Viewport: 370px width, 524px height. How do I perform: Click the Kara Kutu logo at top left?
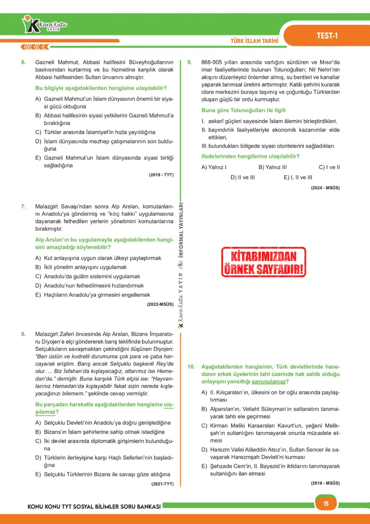tap(44, 25)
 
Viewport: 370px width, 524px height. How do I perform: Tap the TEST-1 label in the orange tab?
tap(327, 36)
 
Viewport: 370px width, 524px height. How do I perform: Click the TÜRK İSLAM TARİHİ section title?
tap(254, 41)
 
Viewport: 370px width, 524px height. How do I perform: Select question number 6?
tap(24, 62)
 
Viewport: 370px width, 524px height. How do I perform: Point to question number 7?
tap(24, 207)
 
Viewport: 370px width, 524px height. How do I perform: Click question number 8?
tap(24, 334)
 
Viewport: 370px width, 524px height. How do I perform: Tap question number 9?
tap(190, 62)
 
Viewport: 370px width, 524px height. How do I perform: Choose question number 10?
tap(191, 367)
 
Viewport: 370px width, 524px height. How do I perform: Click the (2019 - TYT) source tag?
tap(161, 175)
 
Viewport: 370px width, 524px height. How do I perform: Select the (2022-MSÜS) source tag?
tap(160, 304)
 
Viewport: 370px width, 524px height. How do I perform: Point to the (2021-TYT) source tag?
tap(162, 484)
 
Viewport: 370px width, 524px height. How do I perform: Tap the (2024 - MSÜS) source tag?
tap(325, 188)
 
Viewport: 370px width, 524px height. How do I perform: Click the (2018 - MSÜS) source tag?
tap(325, 483)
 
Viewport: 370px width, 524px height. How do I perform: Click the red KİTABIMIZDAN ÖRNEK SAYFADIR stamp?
tap(264, 262)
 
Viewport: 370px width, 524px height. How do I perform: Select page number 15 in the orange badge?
tap(326, 503)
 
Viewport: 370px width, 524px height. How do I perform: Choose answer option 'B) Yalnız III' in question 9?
tap(273, 167)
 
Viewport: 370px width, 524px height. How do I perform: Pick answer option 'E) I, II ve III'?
tap(298, 178)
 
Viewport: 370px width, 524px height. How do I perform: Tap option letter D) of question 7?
tap(38, 286)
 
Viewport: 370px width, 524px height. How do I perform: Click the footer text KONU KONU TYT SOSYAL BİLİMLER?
tap(94, 507)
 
